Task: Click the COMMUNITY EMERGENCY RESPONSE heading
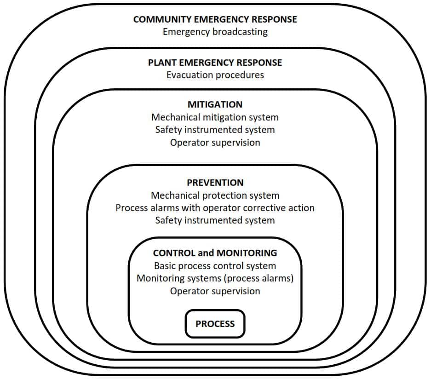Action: [215, 20]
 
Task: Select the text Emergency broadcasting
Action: [215, 32]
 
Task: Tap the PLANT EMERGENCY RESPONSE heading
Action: [215, 63]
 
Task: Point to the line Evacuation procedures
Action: [215, 75]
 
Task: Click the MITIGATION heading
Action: [215, 104]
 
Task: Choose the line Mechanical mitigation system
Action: [215, 117]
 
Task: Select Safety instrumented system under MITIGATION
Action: [215, 130]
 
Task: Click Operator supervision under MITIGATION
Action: [215, 143]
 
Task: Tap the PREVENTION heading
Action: [215, 183]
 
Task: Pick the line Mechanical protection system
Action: [215, 195]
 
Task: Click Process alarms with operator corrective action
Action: [215, 208]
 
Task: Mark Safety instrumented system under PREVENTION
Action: [215, 220]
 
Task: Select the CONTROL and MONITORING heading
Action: [215, 253]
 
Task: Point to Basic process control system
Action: [215, 266]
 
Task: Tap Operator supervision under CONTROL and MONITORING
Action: [215, 291]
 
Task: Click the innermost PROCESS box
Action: [215, 324]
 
